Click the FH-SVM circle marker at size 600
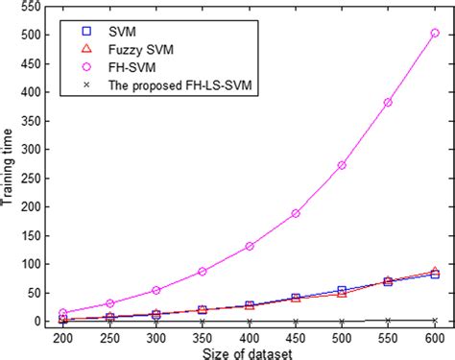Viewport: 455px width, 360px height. click(435, 33)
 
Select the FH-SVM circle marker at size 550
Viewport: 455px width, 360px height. click(388, 102)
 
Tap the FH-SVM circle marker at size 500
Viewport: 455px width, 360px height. click(342, 165)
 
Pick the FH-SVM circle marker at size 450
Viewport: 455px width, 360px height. click(296, 213)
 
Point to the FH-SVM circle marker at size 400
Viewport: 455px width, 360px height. click(250, 246)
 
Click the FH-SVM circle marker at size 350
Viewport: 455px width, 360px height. click(203, 272)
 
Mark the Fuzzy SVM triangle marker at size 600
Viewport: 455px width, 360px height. click(435, 272)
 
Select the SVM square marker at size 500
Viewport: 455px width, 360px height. click(342, 290)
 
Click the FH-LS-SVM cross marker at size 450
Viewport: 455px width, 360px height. click(296, 322)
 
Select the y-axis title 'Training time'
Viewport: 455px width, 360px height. click(10, 164)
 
